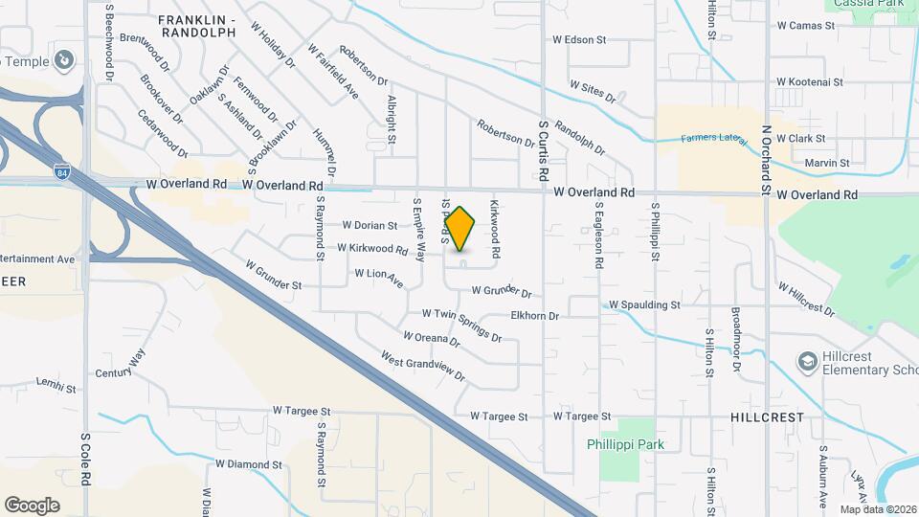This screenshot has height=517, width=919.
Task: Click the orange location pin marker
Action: tap(460, 228)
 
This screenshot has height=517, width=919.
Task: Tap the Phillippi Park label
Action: tap(625, 444)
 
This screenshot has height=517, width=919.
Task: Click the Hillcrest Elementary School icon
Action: tap(808, 362)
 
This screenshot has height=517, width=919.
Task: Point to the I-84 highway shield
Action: tap(62, 172)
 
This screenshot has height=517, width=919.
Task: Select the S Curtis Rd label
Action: tap(543, 150)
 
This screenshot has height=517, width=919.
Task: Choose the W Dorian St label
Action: tap(370, 226)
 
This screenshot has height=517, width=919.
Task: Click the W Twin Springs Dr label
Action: tap(462, 324)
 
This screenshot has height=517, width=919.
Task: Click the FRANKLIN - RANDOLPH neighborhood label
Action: tap(196, 26)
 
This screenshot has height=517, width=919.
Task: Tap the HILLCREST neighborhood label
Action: tap(767, 417)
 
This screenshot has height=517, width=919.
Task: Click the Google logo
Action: tap(32, 505)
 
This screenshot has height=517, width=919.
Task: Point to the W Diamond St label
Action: tap(249, 464)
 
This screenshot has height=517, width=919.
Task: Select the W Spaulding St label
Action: tap(644, 304)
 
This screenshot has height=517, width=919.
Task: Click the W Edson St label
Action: tap(580, 40)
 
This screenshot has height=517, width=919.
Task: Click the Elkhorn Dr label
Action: tap(540, 314)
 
